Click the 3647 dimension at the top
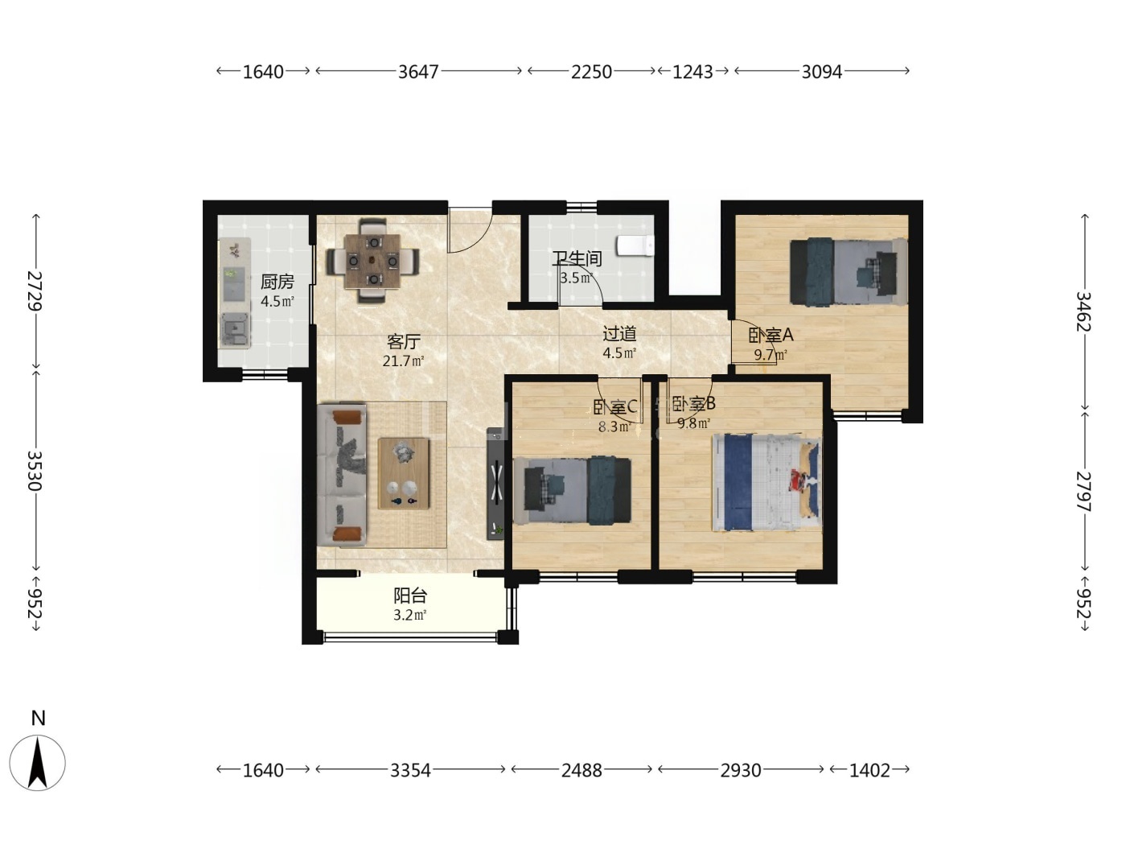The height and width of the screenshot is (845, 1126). click(x=418, y=72)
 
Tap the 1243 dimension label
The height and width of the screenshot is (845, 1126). click(x=692, y=72)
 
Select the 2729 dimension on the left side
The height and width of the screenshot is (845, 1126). click(x=35, y=291)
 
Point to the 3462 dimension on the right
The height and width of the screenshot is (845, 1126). click(x=1084, y=311)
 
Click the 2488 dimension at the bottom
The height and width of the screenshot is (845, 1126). click(x=581, y=770)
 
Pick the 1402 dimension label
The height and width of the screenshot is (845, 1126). click(x=869, y=770)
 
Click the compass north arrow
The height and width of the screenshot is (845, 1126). click(x=38, y=762)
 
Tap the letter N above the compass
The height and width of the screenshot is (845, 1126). click(x=39, y=718)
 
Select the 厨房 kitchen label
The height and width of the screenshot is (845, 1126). click(x=277, y=282)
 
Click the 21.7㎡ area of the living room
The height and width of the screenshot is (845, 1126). click(x=403, y=361)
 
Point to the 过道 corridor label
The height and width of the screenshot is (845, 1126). click(x=619, y=334)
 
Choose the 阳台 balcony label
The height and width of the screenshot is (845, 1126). click(x=410, y=596)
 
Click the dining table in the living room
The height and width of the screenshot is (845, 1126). click(x=373, y=260)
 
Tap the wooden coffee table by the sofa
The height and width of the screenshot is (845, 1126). click(x=403, y=473)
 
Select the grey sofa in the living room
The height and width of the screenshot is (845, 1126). click(x=342, y=475)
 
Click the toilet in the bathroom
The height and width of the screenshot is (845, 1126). click(x=635, y=245)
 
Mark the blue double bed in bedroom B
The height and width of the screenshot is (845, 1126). click(x=766, y=483)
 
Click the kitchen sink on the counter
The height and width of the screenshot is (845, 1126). click(x=235, y=330)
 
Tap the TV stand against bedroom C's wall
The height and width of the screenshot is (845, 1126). click(x=495, y=484)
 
